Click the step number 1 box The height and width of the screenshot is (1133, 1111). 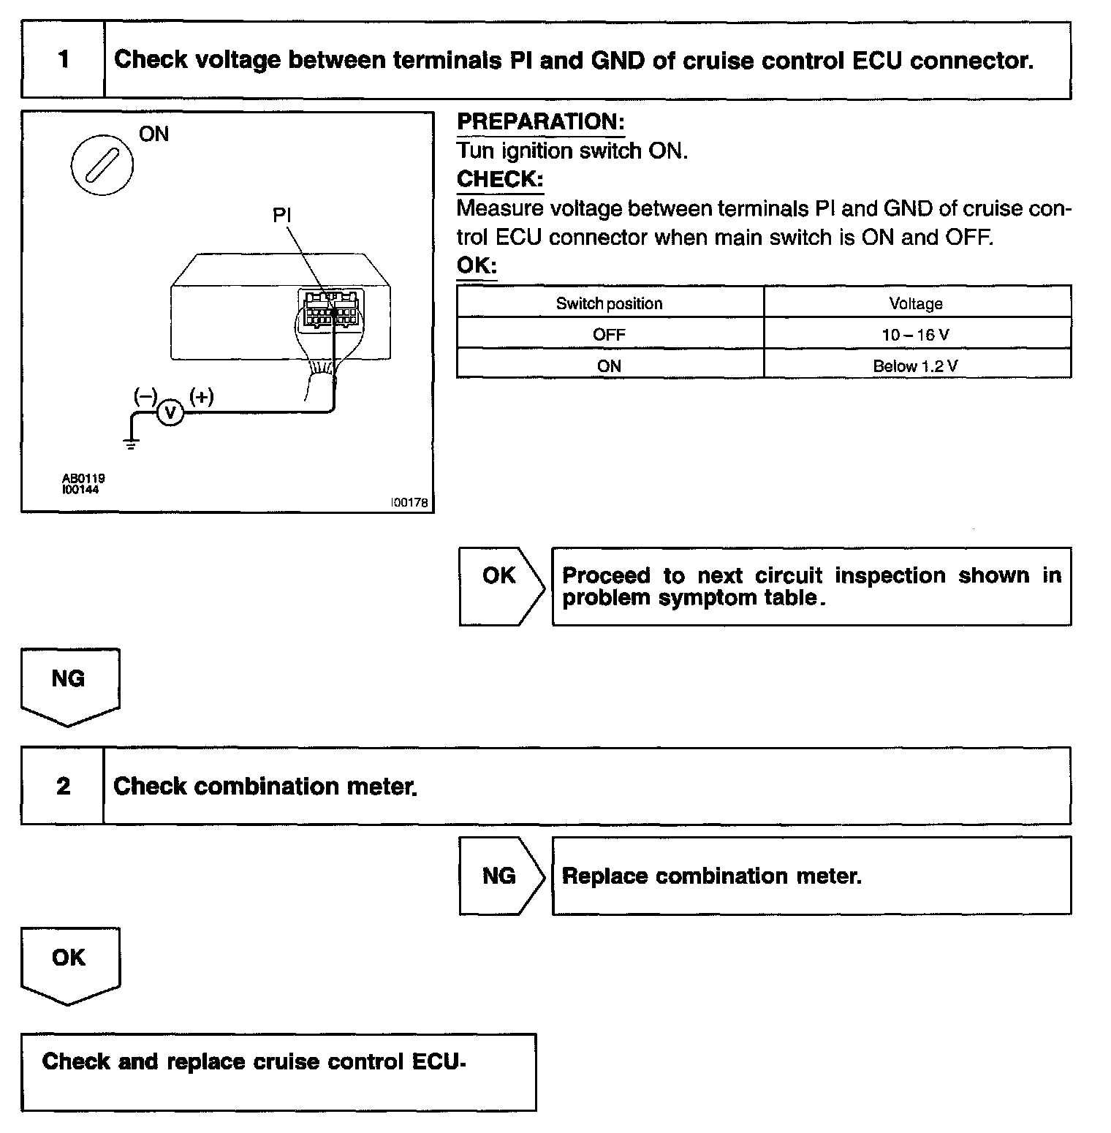[x=63, y=60]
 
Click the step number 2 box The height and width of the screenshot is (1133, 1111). [x=63, y=786]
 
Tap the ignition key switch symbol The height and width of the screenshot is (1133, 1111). [x=103, y=165]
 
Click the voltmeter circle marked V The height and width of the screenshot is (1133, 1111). [x=170, y=413]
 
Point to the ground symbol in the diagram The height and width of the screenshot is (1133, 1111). [x=131, y=442]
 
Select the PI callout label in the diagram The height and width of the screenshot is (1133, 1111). [x=282, y=215]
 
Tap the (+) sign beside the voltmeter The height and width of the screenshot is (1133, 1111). [x=201, y=397]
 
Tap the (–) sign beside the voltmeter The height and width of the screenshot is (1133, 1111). [x=145, y=397]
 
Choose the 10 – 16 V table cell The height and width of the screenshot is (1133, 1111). [x=916, y=335]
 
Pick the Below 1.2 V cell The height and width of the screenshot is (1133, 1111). [x=916, y=365]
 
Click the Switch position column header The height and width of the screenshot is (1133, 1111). [x=609, y=303]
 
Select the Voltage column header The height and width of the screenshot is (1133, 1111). [x=916, y=303]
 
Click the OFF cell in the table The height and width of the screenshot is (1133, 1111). [x=609, y=335]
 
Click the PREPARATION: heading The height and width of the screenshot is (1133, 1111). [x=540, y=122]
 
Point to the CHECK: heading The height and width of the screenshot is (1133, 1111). [x=500, y=179]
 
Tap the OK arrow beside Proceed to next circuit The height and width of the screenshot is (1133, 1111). [x=501, y=586]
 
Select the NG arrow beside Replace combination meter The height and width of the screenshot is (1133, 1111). [x=501, y=875]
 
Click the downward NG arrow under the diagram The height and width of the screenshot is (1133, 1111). [x=69, y=686]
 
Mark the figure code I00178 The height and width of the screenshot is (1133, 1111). [x=409, y=503]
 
